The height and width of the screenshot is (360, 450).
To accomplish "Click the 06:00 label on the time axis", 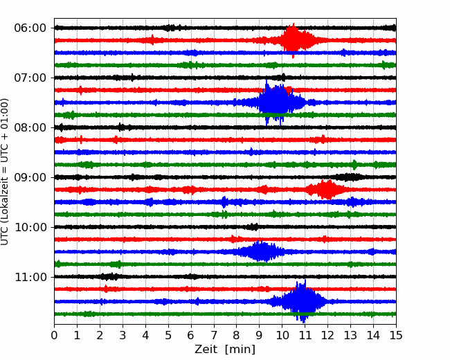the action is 30,28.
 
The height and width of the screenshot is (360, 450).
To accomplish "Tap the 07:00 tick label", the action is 30,78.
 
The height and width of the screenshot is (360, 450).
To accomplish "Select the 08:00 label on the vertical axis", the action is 30,127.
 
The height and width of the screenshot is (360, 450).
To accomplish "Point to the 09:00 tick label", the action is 30,177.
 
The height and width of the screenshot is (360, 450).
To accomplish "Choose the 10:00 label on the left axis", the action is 30,227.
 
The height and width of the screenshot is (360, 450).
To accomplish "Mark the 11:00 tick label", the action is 30,277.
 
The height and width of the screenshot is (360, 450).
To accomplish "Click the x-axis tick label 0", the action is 54,335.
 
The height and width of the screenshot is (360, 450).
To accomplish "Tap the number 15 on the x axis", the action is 396,335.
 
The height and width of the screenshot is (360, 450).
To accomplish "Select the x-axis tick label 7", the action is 214,335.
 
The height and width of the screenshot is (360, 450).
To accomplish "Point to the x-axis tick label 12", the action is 327,335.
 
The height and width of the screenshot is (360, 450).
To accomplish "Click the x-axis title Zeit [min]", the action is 225,350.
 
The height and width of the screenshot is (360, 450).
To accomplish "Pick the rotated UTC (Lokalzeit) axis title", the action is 5,172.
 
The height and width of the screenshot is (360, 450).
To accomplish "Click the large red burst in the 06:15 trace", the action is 294,40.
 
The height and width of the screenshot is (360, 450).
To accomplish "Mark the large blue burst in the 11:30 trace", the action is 301,301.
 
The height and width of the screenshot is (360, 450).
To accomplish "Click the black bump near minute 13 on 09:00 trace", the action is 349,177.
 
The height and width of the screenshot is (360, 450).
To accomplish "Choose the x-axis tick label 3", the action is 123,335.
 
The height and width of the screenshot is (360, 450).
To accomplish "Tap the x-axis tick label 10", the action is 282,335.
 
